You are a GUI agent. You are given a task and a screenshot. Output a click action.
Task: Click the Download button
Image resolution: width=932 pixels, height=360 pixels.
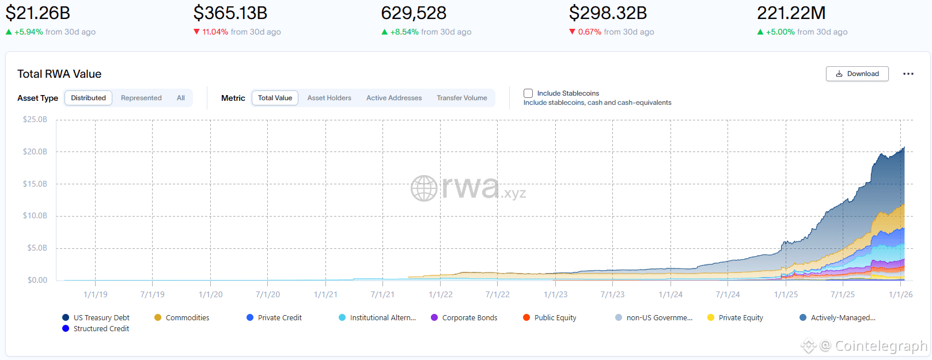click(x=857, y=74)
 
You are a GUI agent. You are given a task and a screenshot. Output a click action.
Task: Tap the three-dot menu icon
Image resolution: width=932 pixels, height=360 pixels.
click(x=908, y=74)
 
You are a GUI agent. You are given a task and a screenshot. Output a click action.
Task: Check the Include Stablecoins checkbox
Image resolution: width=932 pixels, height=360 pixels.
click(x=528, y=93)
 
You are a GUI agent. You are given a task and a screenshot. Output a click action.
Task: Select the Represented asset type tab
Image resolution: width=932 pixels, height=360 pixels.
click(x=141, y=98)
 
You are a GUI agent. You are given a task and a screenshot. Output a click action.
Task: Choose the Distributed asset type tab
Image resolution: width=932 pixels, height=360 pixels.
click(x=88, y=98)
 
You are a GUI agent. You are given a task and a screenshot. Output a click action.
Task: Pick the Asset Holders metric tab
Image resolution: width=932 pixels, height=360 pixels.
click(x=329, y=98)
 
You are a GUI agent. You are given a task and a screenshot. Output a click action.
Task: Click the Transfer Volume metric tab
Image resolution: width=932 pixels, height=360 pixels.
click(x=461, y=98)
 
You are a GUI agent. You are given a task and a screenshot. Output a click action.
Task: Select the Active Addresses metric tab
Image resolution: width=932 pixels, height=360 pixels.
click(x=394, y=98)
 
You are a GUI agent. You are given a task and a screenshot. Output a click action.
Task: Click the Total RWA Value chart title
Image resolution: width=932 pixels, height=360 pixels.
click(x=59, y=74)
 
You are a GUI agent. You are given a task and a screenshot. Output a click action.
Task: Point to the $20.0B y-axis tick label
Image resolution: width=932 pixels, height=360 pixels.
click(x=35, y=151)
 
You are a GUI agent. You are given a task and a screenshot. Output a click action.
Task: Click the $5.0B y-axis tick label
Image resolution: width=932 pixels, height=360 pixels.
click(x=37, y=248)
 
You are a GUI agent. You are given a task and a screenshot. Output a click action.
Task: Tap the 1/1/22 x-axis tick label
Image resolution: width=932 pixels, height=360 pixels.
click(x=441, y=294)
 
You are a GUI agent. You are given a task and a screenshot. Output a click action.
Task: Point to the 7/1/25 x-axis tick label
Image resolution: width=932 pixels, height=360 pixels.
click(x=843, y=294)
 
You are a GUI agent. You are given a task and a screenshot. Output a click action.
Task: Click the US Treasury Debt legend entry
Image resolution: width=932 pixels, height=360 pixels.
click(x=101, y=317)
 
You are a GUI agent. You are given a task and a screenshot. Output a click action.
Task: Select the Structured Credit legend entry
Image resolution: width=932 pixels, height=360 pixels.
click(x=101, y=328)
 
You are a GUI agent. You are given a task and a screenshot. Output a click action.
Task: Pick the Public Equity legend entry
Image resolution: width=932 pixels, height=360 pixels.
click(x=555, y=317)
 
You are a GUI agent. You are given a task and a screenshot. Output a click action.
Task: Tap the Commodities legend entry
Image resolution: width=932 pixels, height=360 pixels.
click(x=187, y=317)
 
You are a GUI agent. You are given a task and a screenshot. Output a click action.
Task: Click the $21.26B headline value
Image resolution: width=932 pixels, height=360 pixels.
click(x=38, y=13)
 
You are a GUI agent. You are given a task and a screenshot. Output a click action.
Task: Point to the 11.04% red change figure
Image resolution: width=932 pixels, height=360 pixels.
click(x=215, y=32)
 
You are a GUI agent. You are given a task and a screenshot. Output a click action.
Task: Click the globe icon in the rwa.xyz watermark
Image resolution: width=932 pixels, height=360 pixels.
click(x=424, y=188)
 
